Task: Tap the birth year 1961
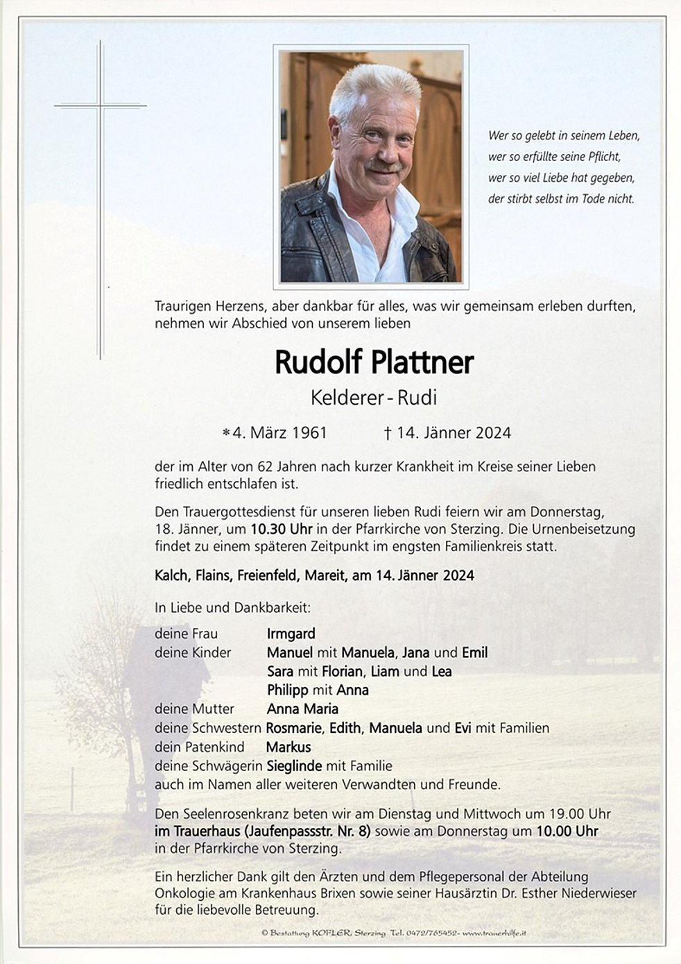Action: (x=309, y=433)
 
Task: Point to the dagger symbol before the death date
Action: (x=388, y=433)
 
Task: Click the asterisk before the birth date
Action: (x=226, y=434)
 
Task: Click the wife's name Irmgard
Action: (x=291, y=634)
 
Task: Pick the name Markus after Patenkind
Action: (x=288, y=747)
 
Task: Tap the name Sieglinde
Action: (x=294, y=766)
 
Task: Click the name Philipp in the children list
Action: (x=287, y=690)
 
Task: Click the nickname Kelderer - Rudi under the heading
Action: (x=374, y=398)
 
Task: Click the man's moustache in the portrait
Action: (x=383, y=167)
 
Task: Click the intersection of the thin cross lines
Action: (x=101, y=105)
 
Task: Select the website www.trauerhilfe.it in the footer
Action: (x=494, y=933)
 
